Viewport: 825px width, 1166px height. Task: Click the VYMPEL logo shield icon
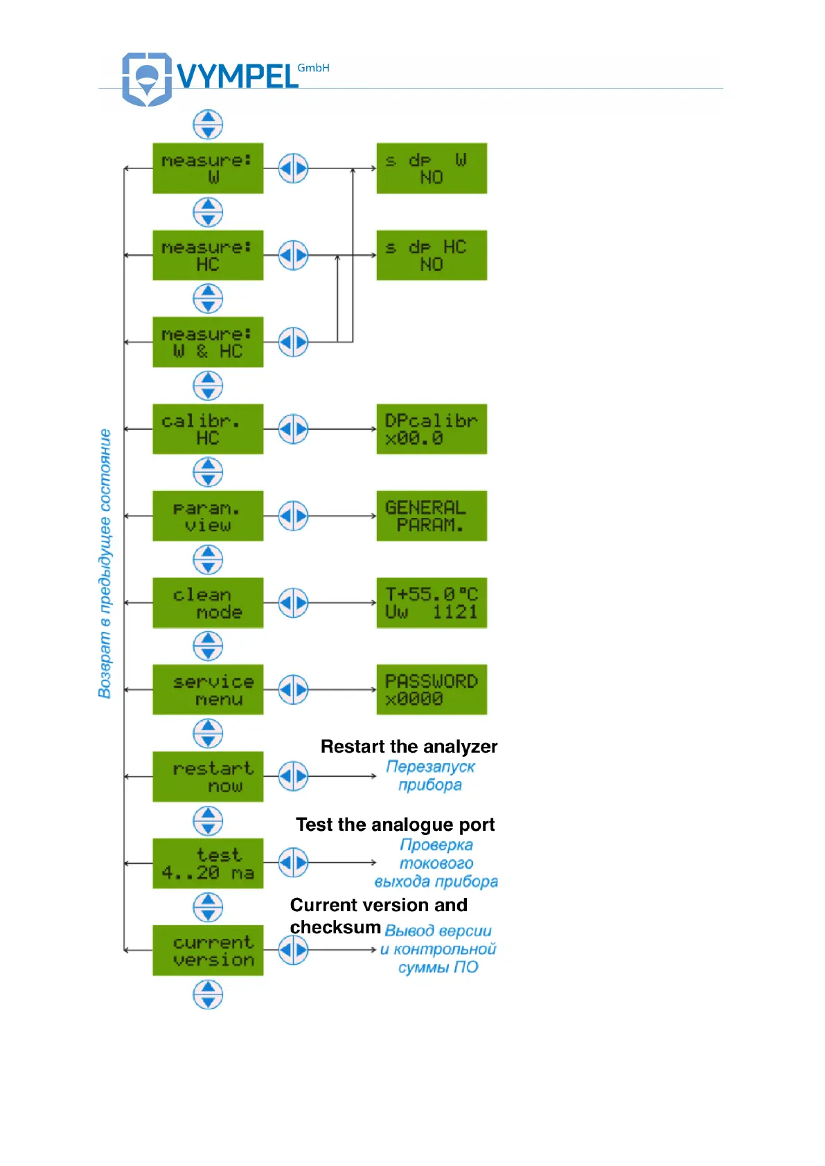(x=146, y=78)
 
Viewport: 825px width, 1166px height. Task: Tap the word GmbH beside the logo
(x=313, y=68)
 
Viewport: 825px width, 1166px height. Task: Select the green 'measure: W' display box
(x=208, y=168)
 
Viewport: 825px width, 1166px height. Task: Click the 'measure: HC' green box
(x=208, y=255)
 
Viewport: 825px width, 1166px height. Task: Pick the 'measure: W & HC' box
(x=208, y=342)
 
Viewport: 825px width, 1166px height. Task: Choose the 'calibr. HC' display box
(x=208, y=429)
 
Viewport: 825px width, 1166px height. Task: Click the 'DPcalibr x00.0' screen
(x=432, y=429)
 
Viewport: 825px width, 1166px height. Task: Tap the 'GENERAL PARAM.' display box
(x=432, y=516)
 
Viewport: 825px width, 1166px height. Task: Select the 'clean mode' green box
(x=208, y=603)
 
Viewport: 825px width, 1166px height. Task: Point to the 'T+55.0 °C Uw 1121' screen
(x=432, y=603)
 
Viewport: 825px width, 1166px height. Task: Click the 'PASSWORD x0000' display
(x=432, y=690)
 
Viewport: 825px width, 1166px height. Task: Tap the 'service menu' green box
(x=208, y=690)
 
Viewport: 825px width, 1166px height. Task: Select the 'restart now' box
(x=208, y=777)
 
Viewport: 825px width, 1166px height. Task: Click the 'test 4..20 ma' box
(x=208, y=863)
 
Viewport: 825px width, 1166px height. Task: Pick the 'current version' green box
(x=208, y=951)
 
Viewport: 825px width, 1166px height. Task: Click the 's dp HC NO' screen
(x=432, y=255)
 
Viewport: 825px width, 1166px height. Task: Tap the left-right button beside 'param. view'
(x=293, y=516)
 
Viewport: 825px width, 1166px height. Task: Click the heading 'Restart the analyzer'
(x=409, y=746)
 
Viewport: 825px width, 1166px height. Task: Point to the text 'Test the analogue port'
(x=395, y=825)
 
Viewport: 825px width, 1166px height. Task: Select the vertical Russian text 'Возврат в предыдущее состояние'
(x=105, y=564)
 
